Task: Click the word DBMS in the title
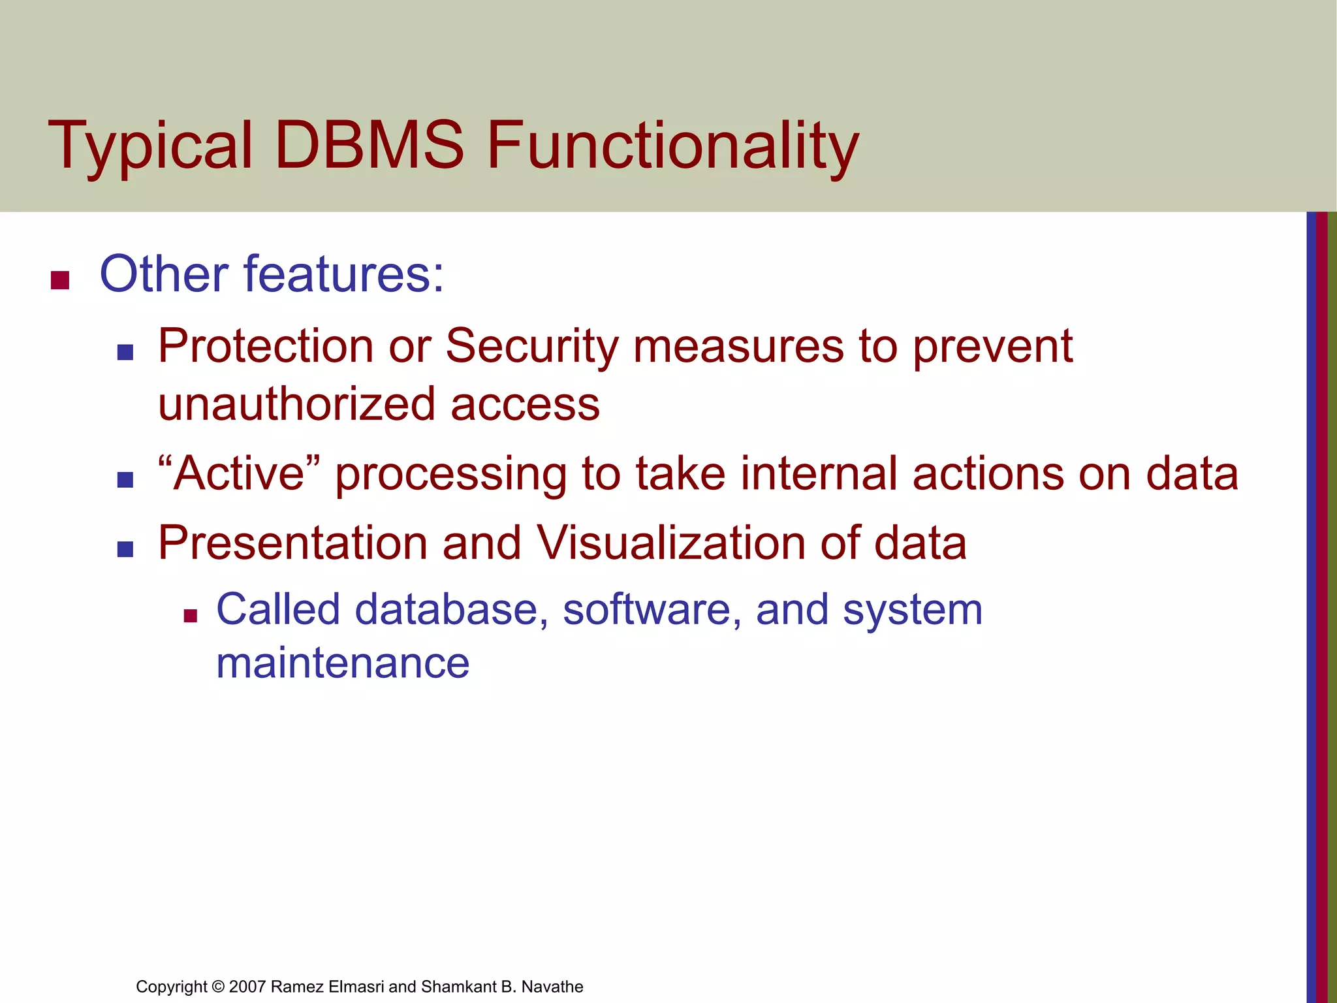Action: click(x=370, y=145)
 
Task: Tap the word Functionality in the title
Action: click(x=672, y=145)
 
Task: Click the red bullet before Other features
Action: click(x=60, y=280)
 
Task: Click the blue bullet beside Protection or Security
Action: click(x=125, y=353)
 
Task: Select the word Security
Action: click(x=531, y=346)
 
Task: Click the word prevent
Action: click(x=992, y=346)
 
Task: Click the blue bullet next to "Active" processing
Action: click(x=125, y=480)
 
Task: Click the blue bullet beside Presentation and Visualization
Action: click(x=125, y=549)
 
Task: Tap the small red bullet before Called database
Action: click(x=190, y=615)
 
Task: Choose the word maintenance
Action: click(x=343, y=662)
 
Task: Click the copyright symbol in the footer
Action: click(x=218, y=987)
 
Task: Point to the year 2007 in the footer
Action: click(x=247, y=987)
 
